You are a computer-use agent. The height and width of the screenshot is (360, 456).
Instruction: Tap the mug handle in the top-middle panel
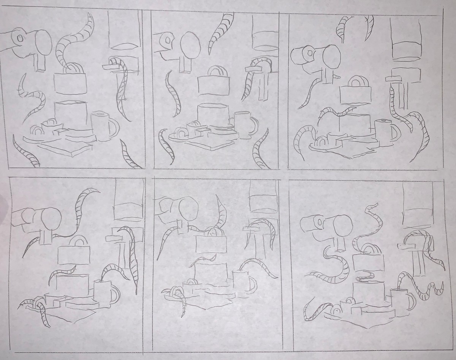click(253, 124)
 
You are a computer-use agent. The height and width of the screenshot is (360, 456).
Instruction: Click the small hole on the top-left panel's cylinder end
click(20, 38)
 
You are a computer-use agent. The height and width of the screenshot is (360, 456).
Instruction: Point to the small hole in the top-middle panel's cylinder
click(166, 40)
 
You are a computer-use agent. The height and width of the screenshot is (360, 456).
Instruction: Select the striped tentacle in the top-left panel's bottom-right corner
click(129, 154)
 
